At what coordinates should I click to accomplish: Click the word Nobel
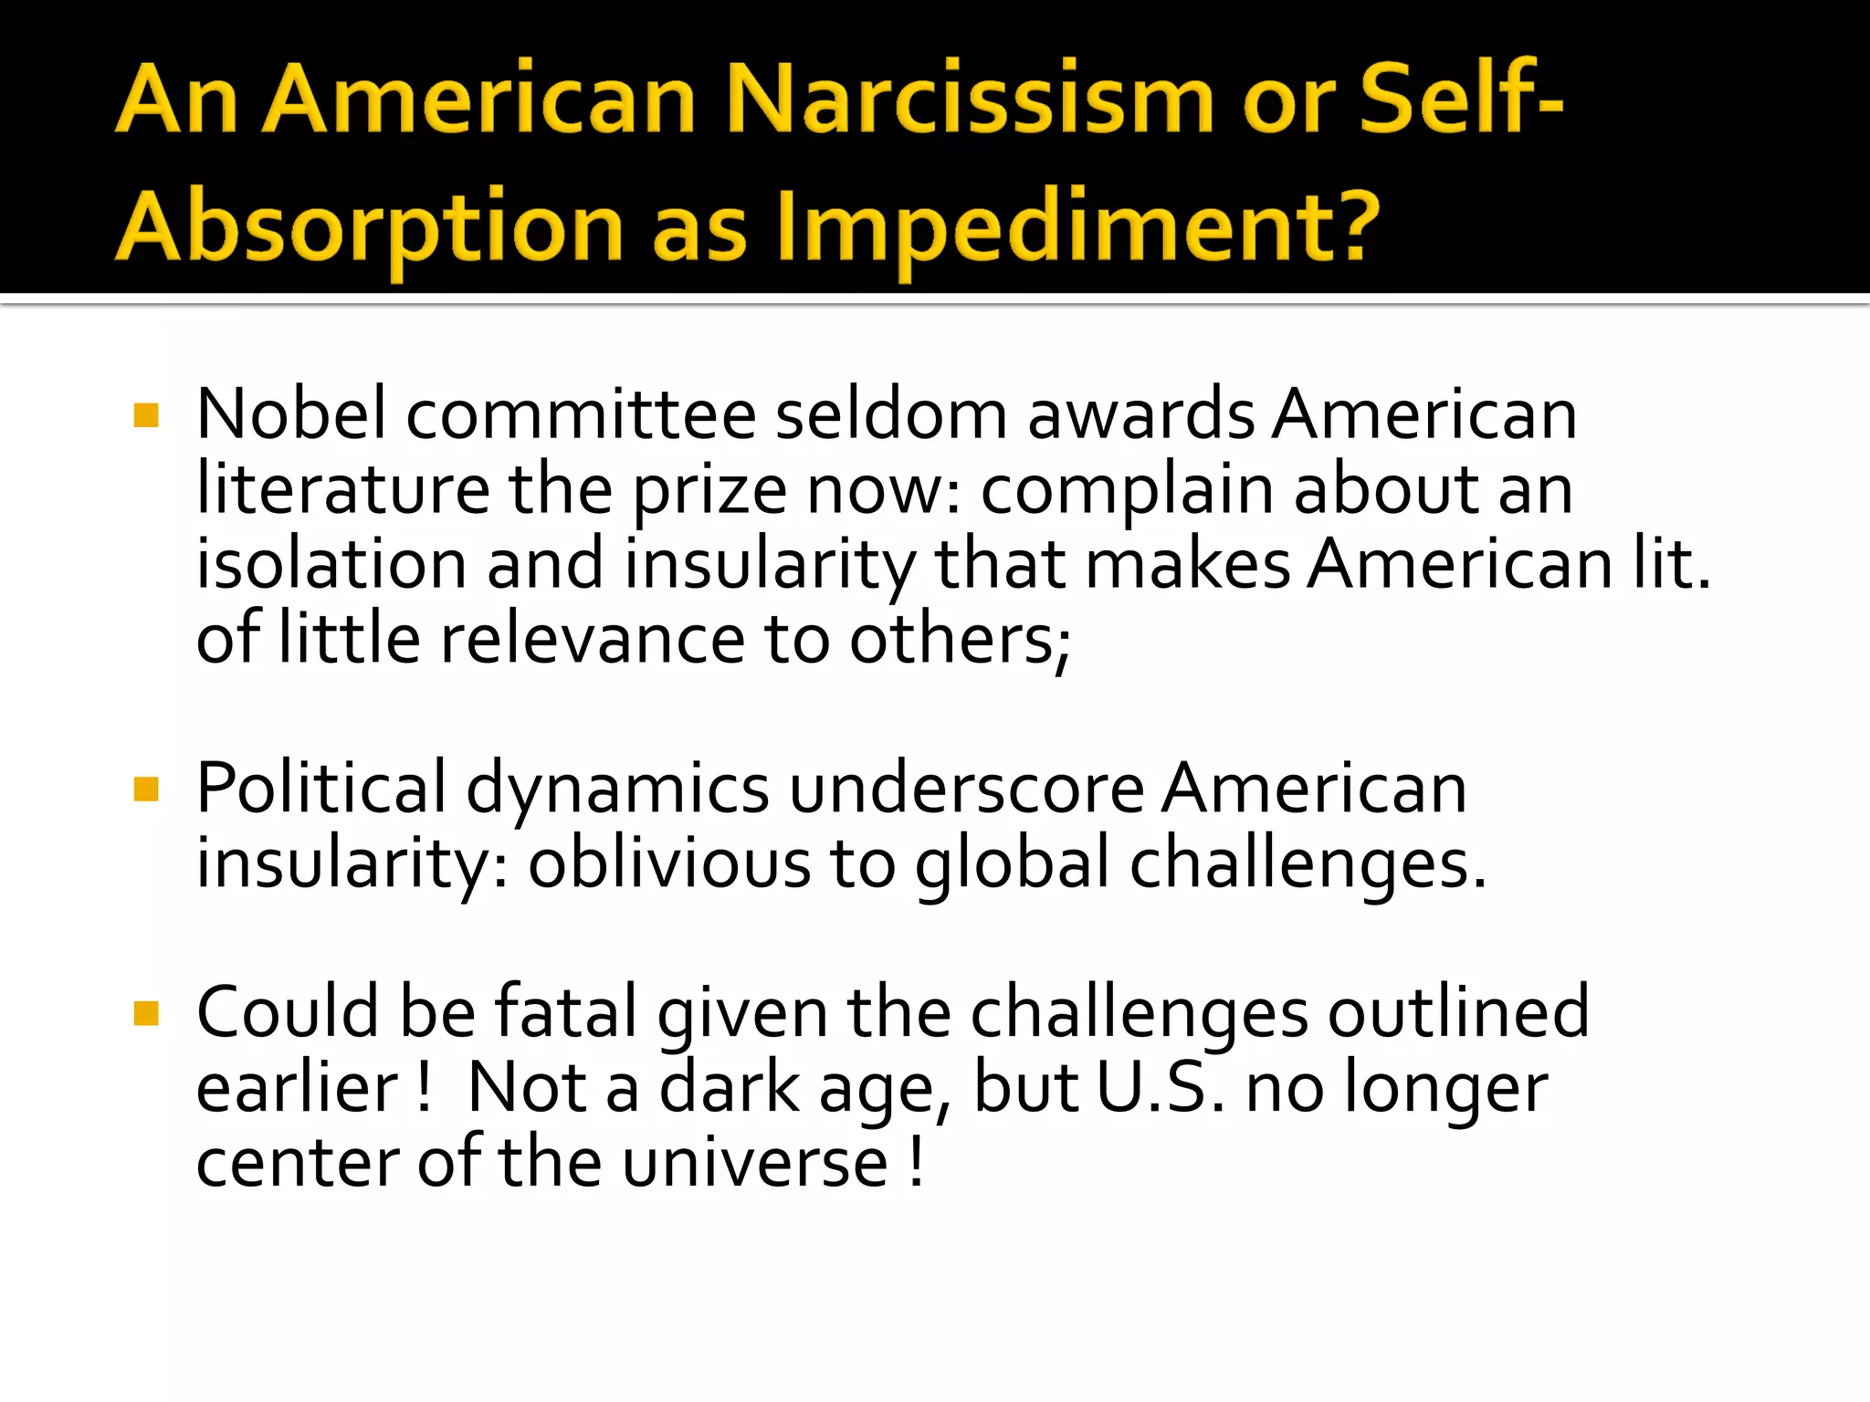click(291, 414)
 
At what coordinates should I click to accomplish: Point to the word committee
click(581, 414)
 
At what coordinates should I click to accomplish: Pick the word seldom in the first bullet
click(891, 414)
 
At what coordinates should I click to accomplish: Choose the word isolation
click(332, 564)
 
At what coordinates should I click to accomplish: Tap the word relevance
click(593, 639)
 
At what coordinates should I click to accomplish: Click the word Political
click(320, 789)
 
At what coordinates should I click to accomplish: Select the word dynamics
click(618, 790)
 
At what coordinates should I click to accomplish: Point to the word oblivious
click(669, 863)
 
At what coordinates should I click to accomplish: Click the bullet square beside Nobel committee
click(146, 416)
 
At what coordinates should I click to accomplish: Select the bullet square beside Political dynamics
click(146, 789)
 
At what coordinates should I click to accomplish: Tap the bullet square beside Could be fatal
click(146, 1013)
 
